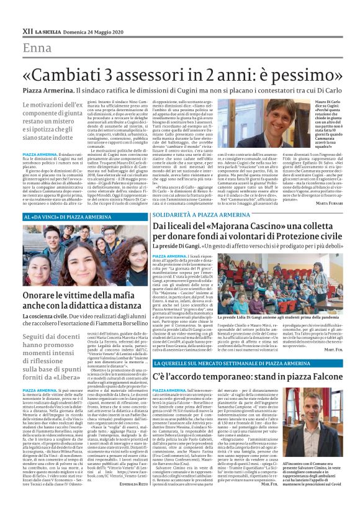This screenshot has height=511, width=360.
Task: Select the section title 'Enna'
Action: pyautogui.click(x=37, y=48)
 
